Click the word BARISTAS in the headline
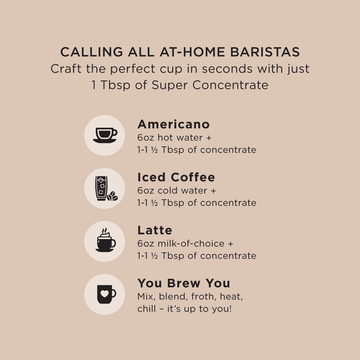click(265, 52)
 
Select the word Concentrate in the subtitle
click(230, 85)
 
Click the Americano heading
click(174, 124)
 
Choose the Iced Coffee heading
click(176, 177)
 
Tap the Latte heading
click(155, 230)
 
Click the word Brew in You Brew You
click(183, 283)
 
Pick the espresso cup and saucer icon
click(105, 135)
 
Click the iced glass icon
click(101, 188)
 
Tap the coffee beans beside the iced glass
click(112, 196)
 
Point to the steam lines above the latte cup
click(105, 231)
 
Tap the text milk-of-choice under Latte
click(191, 244)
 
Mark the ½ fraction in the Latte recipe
click(155, 256)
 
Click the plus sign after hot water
click(209, 138)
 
